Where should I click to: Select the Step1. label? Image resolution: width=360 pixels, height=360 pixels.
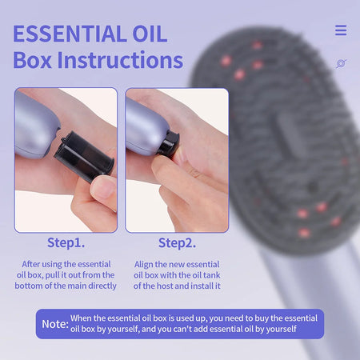pos(66,242)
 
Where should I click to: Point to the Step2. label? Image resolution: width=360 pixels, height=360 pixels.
pos(177,242)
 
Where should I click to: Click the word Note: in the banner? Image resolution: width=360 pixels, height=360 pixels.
pos(54,324)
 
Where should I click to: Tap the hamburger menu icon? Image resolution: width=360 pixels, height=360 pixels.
pos(341,30)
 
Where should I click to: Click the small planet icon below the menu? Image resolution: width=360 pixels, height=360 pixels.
pos(341,63)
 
